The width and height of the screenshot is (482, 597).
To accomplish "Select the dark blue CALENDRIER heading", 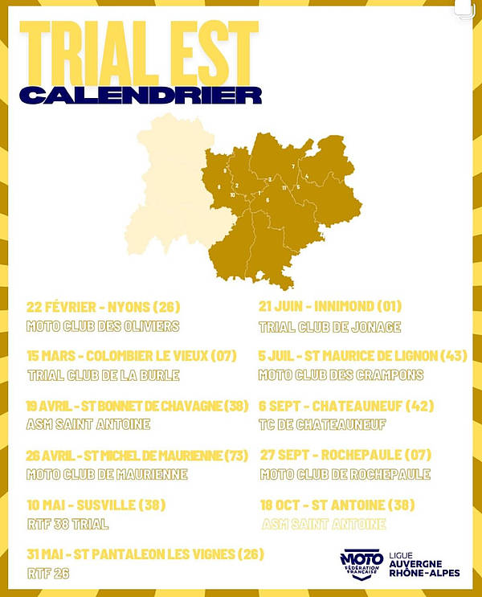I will pos(141,94).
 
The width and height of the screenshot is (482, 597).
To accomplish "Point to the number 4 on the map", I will pos(306,176).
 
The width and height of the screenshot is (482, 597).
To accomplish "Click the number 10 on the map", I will pos(233,194).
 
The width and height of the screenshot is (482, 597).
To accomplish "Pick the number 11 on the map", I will pos(284,187).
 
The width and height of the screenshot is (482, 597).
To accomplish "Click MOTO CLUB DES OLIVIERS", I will pos(102,326).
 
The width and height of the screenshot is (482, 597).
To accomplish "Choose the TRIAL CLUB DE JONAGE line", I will pos(329,326).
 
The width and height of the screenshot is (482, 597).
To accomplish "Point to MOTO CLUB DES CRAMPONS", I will pos(341,374).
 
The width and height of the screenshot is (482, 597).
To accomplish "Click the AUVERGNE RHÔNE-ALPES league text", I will pos(419,565).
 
